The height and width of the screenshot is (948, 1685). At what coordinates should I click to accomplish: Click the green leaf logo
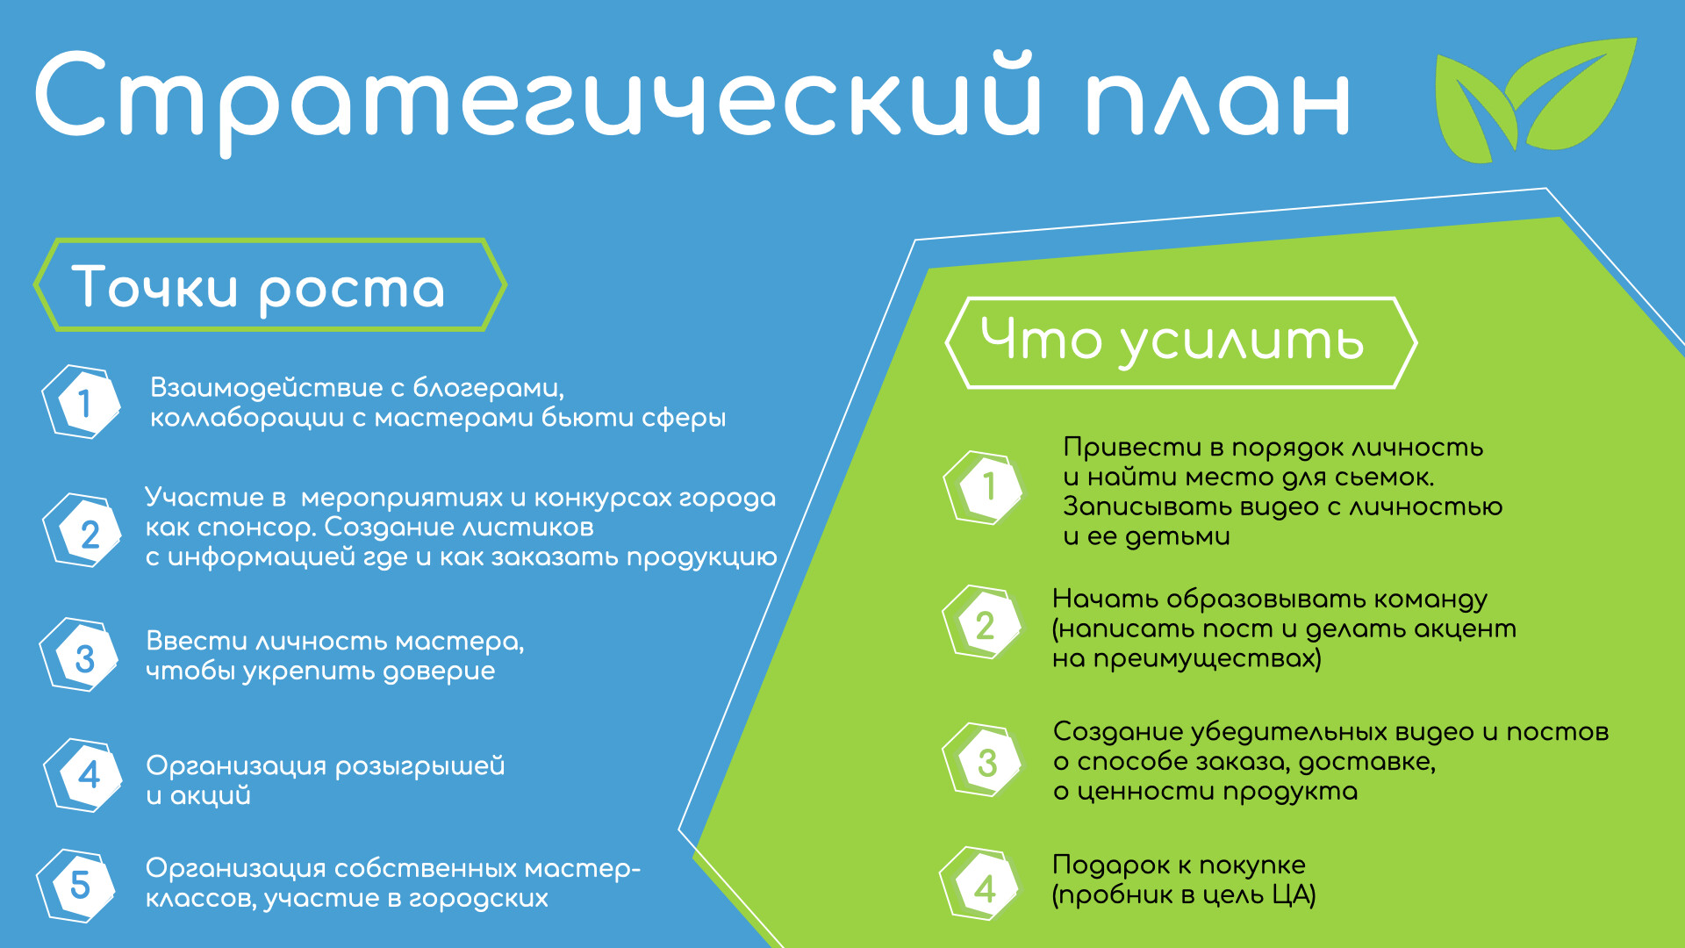click(x=1534, y=101)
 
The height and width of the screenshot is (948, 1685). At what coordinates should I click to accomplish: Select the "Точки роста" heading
click(x=259, y=287)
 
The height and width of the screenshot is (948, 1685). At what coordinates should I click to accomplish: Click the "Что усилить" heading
click(x=1172, y=342)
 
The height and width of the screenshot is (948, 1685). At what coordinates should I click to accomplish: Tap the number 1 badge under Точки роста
click(x=82, y=402)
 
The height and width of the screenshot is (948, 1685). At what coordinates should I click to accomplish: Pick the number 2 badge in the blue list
click(x=83, y=531)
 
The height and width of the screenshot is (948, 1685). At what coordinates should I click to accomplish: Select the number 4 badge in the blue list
click(x=84, y=775)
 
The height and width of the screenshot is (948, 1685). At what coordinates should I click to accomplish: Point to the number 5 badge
click(x=78, y=885)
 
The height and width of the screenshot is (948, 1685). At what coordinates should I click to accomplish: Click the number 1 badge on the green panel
click(x=984, y=487)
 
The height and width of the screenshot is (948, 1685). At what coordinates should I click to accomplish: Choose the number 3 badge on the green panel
click(x=983, y=760)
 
